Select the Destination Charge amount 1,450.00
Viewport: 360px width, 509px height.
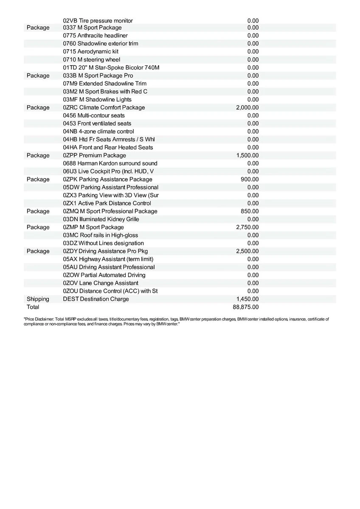tap(247, 299)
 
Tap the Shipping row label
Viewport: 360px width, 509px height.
tap(38, 299)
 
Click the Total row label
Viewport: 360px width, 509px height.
tap(33, 307)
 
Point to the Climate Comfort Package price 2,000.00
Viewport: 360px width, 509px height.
tap(247, 108)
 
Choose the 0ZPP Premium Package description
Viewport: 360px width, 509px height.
tap(94, 156)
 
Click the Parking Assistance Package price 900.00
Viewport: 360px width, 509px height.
tap(250, 179)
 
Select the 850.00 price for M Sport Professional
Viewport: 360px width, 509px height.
tap(250, 211)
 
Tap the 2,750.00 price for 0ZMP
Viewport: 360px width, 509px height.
tap(247, 227)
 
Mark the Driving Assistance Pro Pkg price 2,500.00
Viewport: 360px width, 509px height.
tap(247, 251)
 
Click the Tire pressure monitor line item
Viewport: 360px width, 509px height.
tap(98, 21)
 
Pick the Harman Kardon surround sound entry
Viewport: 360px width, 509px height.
tap(110, 163)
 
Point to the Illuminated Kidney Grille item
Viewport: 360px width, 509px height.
tap(101, 219)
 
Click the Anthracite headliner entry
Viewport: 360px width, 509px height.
tap(95, 36)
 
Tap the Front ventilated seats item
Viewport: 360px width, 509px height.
tap(97, 123)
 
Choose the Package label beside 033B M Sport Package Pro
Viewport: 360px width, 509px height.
tap(38, 76)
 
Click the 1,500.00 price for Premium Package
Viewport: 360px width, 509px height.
tap(247, 156)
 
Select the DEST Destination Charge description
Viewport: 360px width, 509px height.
tap(96, 299)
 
